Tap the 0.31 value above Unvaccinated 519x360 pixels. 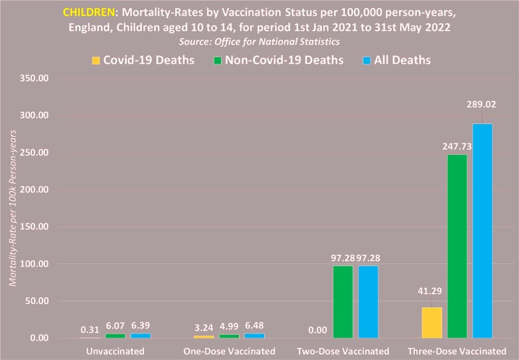(90, 329)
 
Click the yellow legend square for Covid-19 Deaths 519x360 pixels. (96, 60)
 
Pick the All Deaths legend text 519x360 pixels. (402, 60)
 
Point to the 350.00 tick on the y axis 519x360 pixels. (34, 78)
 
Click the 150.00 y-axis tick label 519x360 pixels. (34, 227)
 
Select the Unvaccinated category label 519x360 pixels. (115, 351)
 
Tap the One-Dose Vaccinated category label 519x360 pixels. (229, 351)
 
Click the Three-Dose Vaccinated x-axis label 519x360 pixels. (457, 351)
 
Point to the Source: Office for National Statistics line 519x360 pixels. (259, 41)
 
